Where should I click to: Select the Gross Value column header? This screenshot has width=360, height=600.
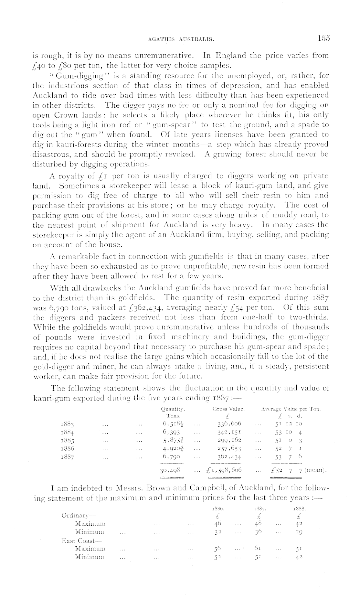point(228,409)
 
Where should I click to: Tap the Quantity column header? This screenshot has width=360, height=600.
point(173,409)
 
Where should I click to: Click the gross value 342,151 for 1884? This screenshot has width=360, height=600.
point(229,431)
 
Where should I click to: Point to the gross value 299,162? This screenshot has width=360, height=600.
point(229,440)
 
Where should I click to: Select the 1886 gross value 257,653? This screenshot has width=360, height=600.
point(229,448)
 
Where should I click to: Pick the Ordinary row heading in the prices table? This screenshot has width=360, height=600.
point(77,515)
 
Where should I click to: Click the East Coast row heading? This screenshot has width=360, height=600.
point(79,540)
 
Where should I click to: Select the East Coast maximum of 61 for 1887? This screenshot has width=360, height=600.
point(258,548)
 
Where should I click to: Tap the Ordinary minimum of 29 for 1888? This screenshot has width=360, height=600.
point(299,532)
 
